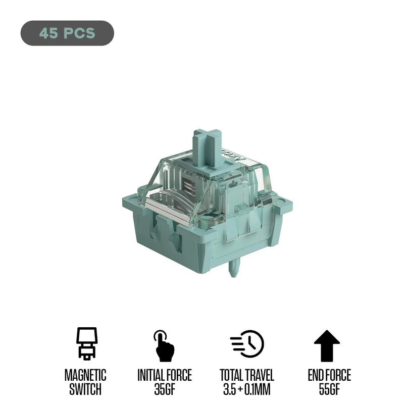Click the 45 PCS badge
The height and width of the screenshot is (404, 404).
click(67, 33)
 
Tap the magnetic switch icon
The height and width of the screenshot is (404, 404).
click(86, 344)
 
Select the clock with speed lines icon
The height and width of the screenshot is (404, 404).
click(247, 344)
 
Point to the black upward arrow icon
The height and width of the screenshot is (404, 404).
click(327, 345)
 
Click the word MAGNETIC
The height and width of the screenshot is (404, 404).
click(85, 375)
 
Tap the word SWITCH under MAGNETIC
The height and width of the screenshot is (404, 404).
click(85, 389)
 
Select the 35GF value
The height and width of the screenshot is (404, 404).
click(165, 389)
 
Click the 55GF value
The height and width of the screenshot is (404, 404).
click(329, 389)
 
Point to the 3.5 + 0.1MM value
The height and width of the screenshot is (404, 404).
click(247, 389)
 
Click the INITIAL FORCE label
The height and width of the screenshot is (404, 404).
click(165, 375)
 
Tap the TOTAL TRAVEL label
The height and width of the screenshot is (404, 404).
click(247, 375)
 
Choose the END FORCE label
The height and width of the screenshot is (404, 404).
click(329, 375)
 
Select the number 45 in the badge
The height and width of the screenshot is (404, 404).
click(48, 33)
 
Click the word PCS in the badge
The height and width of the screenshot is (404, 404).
click(79, 33)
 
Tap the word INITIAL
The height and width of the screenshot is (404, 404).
click(151, 375)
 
